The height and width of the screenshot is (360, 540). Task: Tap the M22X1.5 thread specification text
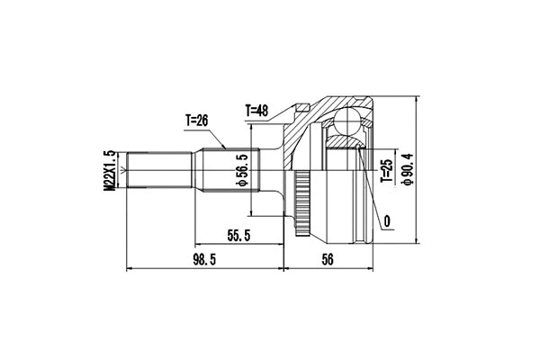click(x=109, y=171)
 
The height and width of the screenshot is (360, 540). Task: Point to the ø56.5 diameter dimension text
click(x=241, y=171)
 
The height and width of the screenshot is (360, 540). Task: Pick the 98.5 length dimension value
click(x=206, y=260)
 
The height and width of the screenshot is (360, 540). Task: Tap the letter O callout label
click(x=386, y=220)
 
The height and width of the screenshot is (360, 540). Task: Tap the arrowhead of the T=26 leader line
click(x=222, y=148)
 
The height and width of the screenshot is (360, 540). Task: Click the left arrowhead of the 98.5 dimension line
click(x=130, y=268)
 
